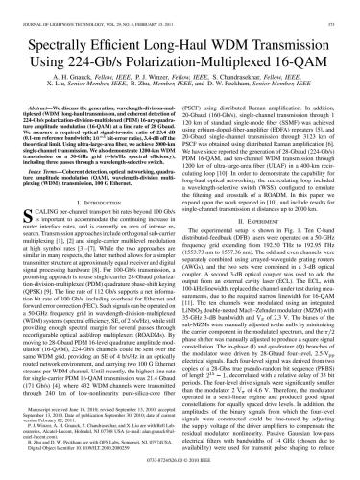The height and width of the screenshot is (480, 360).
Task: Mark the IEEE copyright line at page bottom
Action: [x=180, y=470]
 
